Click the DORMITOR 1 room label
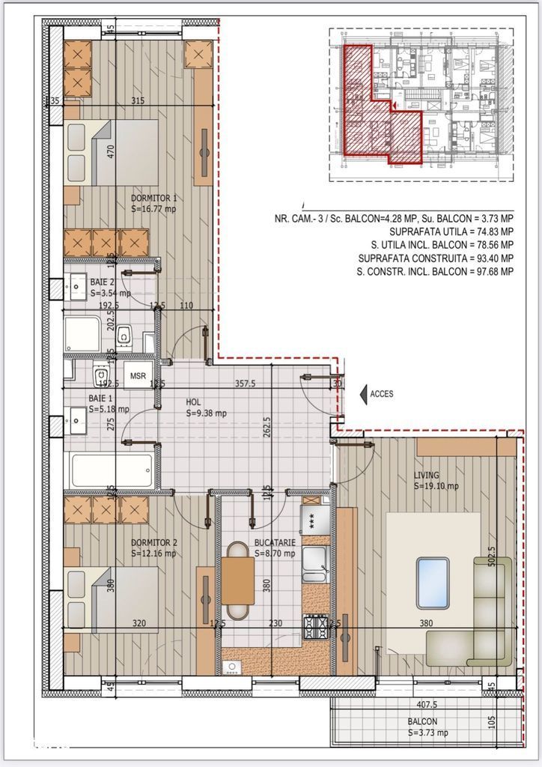(x=154, y=199)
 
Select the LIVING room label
(x=427, y=475)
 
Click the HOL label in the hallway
(x=194, y=401)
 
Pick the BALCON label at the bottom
(x=423, y=722)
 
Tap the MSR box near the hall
(x=138, y=376)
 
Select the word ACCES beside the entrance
(x=382, y=393)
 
